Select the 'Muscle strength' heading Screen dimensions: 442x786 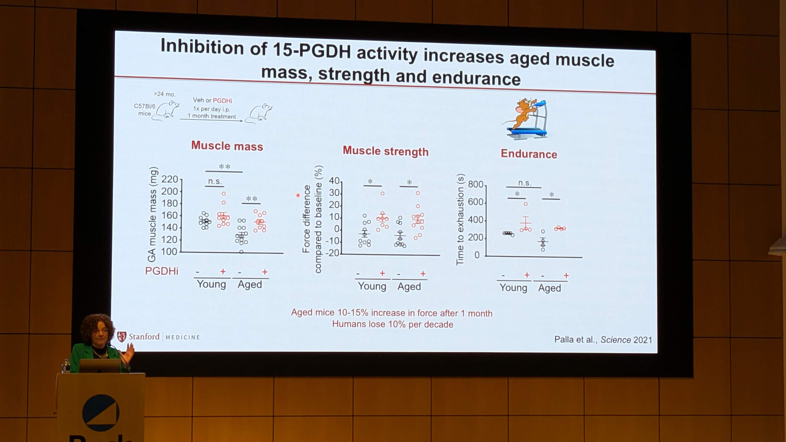tap(385, 151)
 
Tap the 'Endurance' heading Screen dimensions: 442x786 tap(529, 154)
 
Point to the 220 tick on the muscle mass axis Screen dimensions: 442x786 tap(170, 179)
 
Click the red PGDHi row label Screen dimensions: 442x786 tap(161, 271)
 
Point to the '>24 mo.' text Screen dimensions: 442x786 tap(165, 94)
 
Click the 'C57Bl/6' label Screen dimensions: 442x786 tap(145, 106)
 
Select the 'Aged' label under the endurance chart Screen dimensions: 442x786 tap(549, 288)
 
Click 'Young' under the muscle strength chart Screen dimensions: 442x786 tap(372, 286)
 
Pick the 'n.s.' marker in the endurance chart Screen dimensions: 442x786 tap(525, 183)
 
